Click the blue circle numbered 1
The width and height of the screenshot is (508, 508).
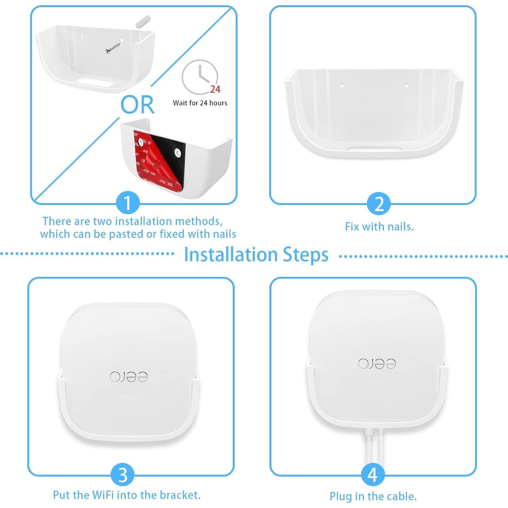128,204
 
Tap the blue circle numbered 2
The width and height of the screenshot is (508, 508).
379,204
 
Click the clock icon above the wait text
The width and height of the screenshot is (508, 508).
200,77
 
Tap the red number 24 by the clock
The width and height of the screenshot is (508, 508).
215,89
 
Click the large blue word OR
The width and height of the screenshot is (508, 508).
137,105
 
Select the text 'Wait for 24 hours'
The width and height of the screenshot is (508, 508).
200,103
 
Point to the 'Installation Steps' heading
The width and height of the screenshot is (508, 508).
256,255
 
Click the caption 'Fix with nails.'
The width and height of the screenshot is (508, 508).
379,227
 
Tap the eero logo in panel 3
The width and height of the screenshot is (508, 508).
129,377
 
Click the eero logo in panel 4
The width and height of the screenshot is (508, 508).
377,363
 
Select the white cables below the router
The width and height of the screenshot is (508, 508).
373,445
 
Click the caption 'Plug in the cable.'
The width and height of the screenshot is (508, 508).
373,496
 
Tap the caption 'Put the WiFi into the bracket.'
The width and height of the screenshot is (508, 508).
127,495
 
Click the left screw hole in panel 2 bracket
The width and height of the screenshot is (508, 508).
342,86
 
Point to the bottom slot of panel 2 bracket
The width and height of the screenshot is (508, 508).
375,148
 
